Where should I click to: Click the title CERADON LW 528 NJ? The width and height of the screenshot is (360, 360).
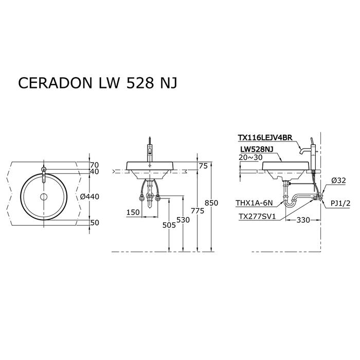(x=98, y=83)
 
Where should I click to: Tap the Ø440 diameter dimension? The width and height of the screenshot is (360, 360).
(x=89, y=196)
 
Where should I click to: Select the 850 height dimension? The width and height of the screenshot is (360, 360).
(x=211, y=203)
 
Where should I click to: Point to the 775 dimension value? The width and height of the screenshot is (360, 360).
(x=197, y=210)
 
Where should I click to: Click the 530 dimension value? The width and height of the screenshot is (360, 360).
(x=183, y=220)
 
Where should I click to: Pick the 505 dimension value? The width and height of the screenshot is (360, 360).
(x=169, y=225)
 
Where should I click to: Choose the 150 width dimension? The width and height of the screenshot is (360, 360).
(x=133, y=212)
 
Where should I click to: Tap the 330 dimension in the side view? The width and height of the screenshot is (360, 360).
(x=303, y=220)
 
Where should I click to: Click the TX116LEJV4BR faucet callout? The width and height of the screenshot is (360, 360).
(x=265, y=137)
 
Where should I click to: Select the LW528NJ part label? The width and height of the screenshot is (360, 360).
(x=257, y=149)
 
